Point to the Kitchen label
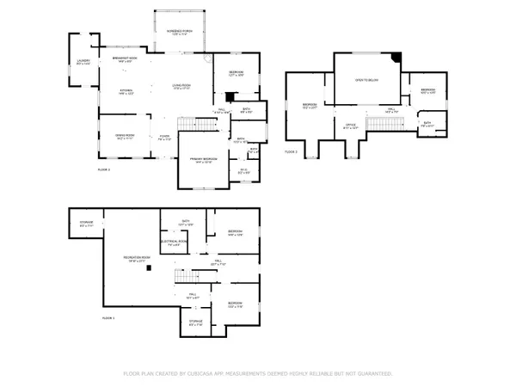tap(126, 90)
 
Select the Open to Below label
tap(367, 79)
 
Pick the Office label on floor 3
tap(350, 126)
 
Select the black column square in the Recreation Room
tap(148, 268)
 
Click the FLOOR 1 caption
tap(107, 318)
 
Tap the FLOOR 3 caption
tap(291, 151)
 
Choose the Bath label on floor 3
tap(427, 124)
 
